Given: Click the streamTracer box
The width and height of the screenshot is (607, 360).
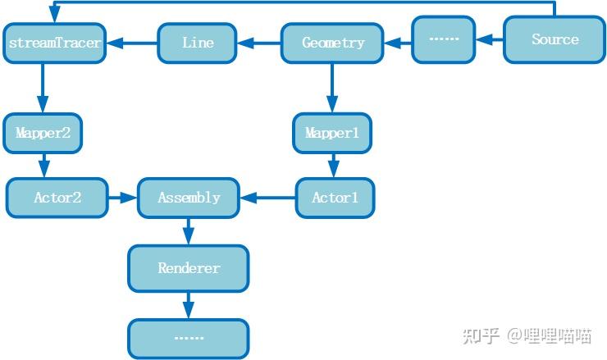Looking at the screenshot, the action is click(x=55, y=43).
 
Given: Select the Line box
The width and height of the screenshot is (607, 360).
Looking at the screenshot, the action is click(x=197, y=43).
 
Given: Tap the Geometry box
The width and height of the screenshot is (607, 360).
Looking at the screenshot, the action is click(x=332, y=43).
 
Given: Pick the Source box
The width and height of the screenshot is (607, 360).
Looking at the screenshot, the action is click(x=555, y=39).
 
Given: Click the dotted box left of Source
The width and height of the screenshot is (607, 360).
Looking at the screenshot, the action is click(x=443, y=39).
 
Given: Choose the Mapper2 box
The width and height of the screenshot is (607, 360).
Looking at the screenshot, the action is click(x=43, y=133).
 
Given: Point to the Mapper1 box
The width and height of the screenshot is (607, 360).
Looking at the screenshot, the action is click(x=332, y=133).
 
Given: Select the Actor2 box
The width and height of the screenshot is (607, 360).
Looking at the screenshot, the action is click(x=57, y=198).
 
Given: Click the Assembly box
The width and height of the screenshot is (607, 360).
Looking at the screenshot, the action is click(x=189, y=198).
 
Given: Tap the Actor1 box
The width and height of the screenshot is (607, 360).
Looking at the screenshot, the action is click(x=335, y=198).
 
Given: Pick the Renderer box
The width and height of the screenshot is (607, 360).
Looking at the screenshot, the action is click(x=189, y=268).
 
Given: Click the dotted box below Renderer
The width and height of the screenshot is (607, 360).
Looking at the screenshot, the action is click(x=189, y=339).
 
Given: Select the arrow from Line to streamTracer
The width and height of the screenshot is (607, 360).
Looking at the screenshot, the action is click(x=132, y=43).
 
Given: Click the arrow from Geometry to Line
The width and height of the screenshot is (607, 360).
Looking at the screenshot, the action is click(x=259, y=43).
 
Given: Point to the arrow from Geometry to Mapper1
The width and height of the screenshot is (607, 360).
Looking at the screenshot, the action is click(x=331, y=89).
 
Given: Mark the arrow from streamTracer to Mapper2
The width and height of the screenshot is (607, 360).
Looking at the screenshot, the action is click(x=43, y=89).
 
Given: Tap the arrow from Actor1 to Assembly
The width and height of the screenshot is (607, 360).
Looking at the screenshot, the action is click(x=268, y=198).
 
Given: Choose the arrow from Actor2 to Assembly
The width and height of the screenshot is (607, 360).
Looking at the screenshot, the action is click(x=123, y=198).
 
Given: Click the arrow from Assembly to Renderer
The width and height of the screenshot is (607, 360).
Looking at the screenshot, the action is click(x=189, y=231).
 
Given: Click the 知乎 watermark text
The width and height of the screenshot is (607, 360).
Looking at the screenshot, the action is click(x=481, y=335).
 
